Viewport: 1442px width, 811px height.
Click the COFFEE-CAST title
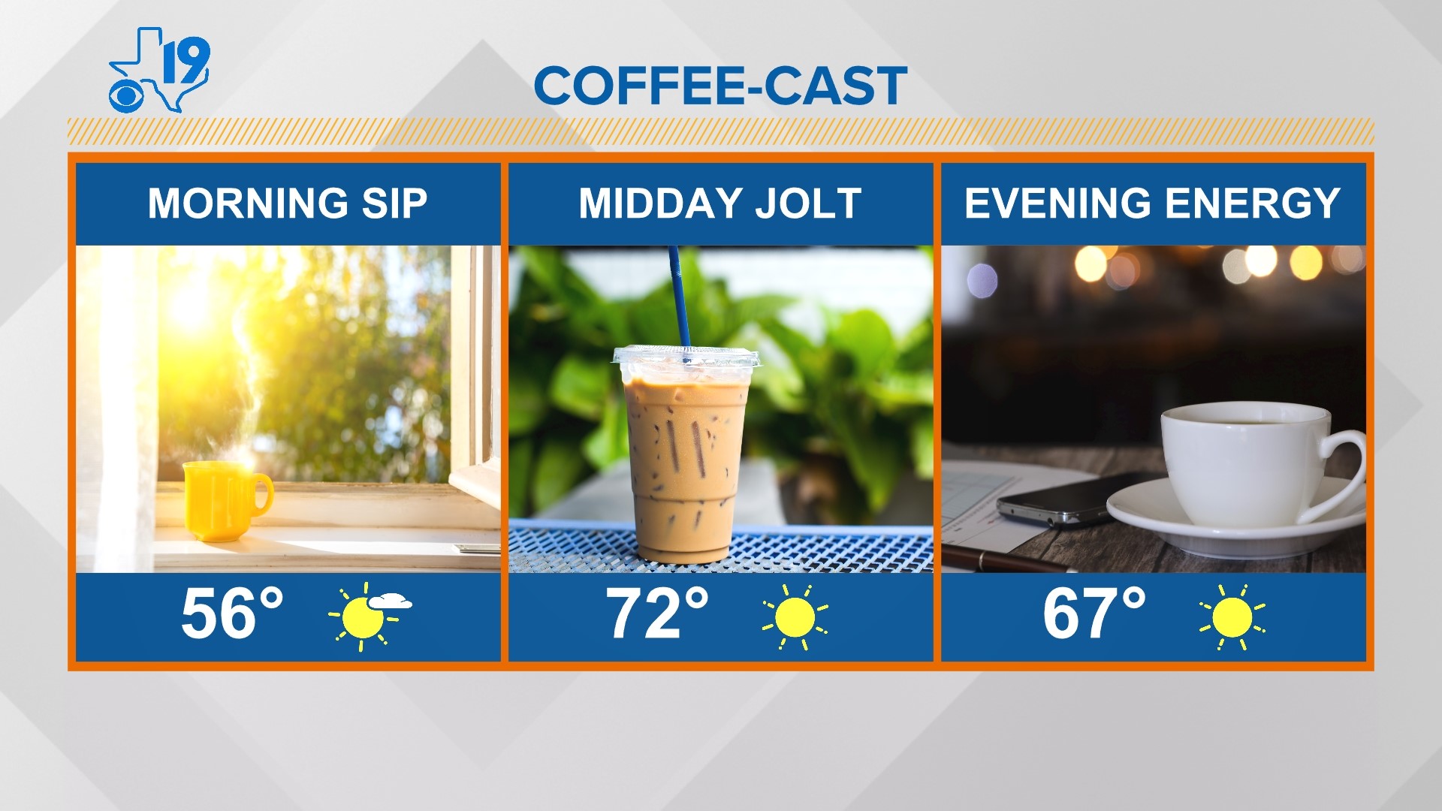[x=720, y=86]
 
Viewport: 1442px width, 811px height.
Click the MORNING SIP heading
[x=288, y=203]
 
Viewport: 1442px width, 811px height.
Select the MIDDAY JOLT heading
[x=719, y=203]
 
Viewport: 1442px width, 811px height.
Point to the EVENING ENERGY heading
[x=1152, y=203]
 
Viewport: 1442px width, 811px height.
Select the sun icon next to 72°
[x=795, y=617]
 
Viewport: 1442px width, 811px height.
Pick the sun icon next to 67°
[x=1232, y=617]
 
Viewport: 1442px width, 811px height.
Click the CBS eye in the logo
[x=130, y=95]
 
